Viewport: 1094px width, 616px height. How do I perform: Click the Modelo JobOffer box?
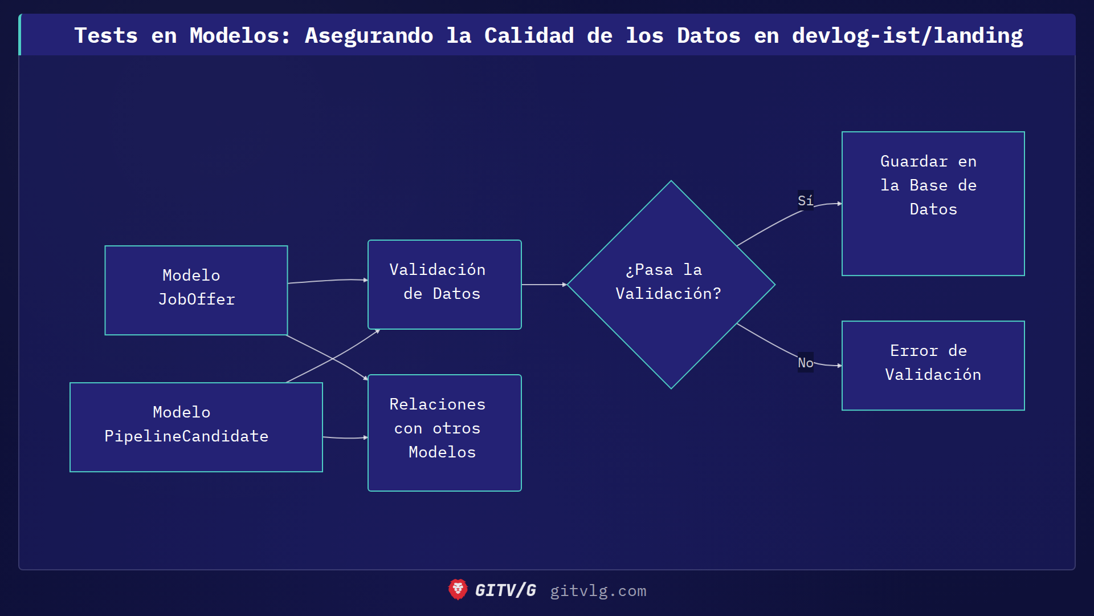(x=196, y=290)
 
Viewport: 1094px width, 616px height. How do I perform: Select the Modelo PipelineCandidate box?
(x=196, y=427)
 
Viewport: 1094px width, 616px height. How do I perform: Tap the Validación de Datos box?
(x=444, y=284)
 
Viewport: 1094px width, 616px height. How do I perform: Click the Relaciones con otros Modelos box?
(x=444, y=432)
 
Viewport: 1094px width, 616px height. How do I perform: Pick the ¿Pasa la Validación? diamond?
(x=671, y=284)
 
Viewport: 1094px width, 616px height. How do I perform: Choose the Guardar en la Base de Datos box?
(x=933, y=203)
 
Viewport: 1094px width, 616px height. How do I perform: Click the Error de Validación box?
(x=933, y=365)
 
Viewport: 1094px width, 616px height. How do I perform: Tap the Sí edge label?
(x=805, y=201)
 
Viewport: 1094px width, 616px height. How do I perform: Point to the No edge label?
(x=805, y=363)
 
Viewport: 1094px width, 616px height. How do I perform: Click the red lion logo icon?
(x=458, y=590)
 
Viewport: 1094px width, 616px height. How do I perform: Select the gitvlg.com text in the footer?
(x=598, y=591)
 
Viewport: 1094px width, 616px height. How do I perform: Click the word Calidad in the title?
(x=529, y=35)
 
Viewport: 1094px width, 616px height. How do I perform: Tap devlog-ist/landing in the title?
(x=907, y=35)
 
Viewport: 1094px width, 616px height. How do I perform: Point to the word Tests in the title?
(x=106, y=35)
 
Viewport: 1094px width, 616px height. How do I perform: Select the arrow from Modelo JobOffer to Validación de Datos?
(x=328, y=281)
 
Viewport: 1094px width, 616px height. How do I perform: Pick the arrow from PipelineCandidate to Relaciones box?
(x=345, y=437)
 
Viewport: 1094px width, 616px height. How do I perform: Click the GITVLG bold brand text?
(x=505, y=590)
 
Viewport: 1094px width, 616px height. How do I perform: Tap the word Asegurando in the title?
(x=369, y=35)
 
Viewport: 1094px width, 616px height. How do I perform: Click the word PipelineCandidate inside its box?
(x=186, y=436)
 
